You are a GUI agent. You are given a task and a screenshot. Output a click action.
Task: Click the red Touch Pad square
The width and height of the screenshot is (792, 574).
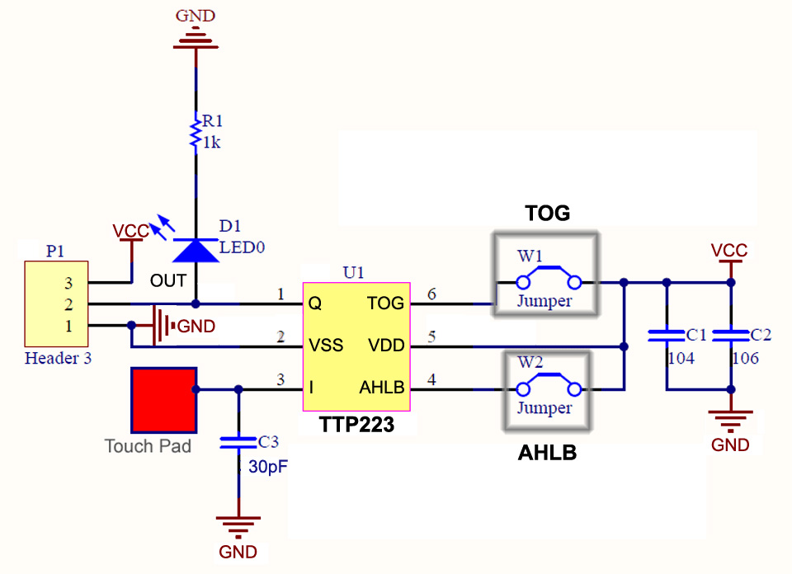pos(163,399)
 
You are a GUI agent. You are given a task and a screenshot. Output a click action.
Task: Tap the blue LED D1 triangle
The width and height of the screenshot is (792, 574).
pos(196,250)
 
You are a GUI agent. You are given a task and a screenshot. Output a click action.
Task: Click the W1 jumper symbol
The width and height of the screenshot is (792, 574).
pos(545,281)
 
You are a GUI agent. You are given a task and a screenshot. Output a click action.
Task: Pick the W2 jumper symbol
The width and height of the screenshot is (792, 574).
pos(545,388)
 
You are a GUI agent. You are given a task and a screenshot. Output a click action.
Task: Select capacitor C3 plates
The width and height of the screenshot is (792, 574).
pos(238,443)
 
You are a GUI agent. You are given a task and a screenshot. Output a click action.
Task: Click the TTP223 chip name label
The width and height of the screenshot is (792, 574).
pos(356,426)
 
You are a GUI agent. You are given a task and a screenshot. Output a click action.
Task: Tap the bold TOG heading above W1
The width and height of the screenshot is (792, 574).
pos(548,214)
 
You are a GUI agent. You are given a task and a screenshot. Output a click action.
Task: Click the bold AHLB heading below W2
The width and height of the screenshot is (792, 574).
pos(547,454)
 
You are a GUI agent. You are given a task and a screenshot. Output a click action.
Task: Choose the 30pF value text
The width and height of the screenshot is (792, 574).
pos(268,467)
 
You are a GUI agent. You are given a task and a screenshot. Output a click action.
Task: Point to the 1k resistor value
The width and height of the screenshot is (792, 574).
pos(211,143)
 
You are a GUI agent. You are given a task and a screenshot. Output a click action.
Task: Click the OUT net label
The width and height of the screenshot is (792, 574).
pos(167,281)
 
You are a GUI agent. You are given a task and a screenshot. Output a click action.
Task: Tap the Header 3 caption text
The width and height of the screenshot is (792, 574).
pos(59,358)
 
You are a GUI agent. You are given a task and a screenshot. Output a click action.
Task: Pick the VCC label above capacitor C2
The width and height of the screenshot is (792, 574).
pos(729,249)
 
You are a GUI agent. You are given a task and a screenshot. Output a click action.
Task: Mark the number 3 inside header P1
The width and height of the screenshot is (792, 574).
pos(69,283)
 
